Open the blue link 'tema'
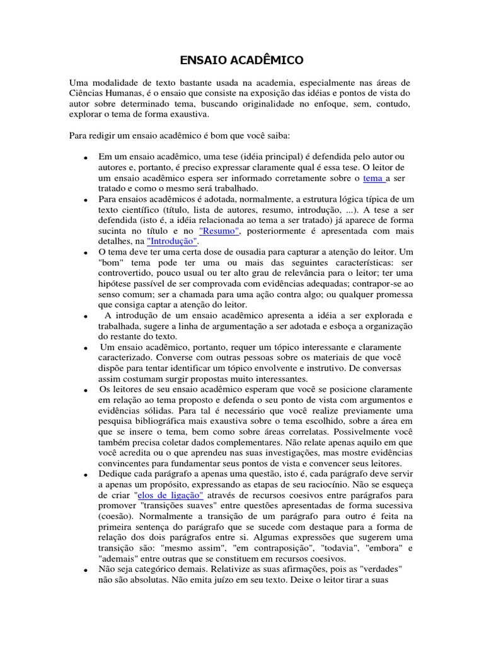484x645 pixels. (x=374, y=178)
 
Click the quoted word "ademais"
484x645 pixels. (x=118, y=559)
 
